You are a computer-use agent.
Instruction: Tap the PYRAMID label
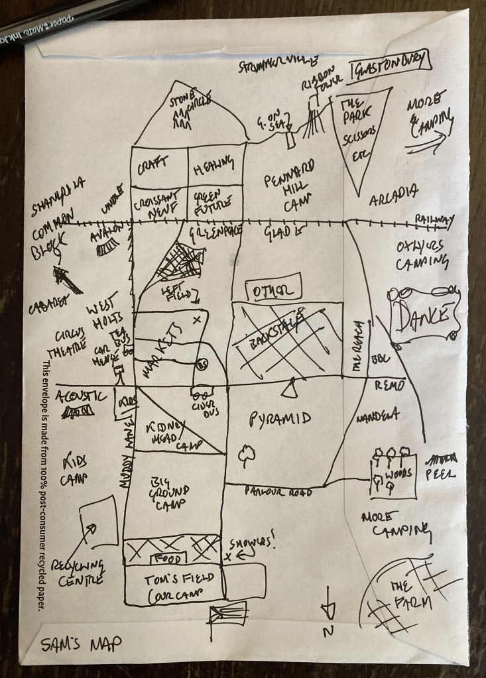(280, 419)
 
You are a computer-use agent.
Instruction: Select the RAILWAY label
(435, 219)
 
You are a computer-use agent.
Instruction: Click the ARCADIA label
(394, 192)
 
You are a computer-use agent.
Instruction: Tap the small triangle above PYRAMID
(289, 389)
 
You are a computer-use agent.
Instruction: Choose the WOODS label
(402, 474)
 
